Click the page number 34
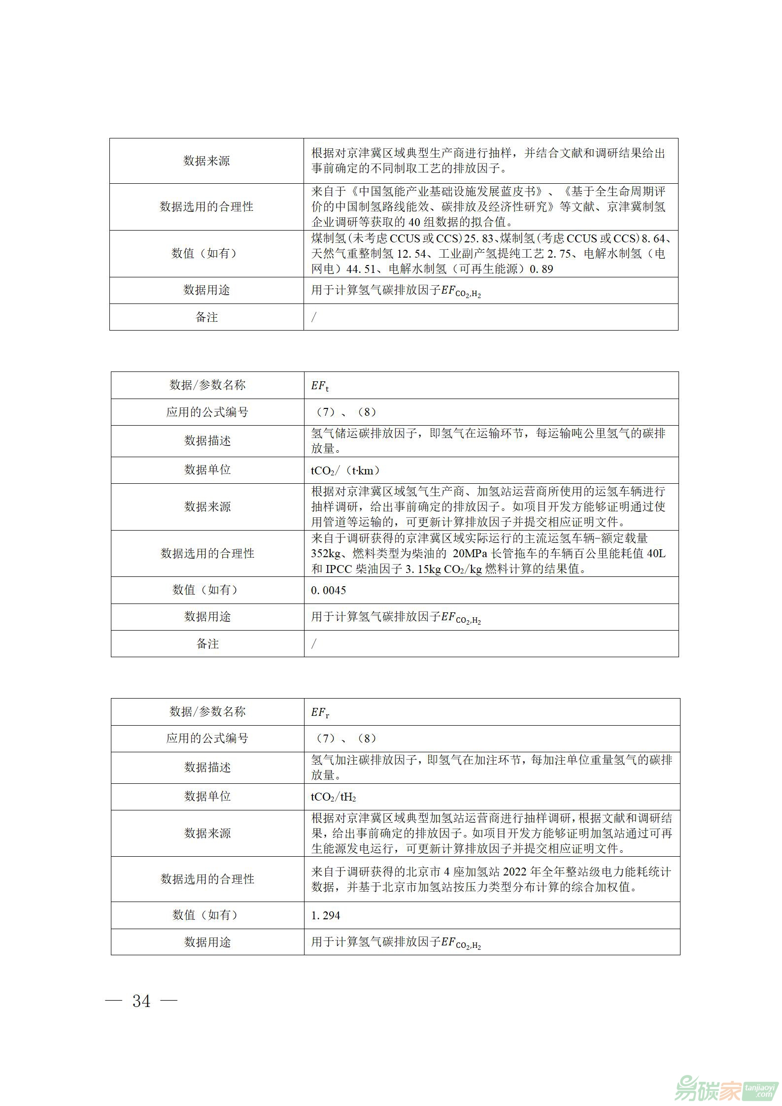coord(141,1001)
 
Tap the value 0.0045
coord(328,590)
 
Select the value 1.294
coord(325,915)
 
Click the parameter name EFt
coord(319,386)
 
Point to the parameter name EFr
coord(320,712)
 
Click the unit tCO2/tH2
coord(333,797)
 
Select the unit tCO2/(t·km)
coord(345,470)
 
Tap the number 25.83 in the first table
coord(479,239)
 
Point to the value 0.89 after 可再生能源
coord(541,269)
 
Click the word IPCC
coord(339,569)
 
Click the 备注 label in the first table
coord(206,317)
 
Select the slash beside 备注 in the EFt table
coord(314,643)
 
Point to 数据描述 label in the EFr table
coord(207,767)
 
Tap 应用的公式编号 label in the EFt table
coord(207,412)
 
